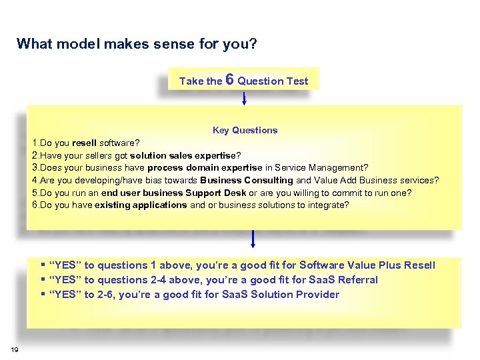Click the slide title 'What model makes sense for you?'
137,44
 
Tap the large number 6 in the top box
229,79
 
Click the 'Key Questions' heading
245,130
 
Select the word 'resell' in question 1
84,143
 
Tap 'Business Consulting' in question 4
246,180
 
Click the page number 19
14,349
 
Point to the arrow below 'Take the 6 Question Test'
245,99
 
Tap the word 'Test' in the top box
297,81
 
